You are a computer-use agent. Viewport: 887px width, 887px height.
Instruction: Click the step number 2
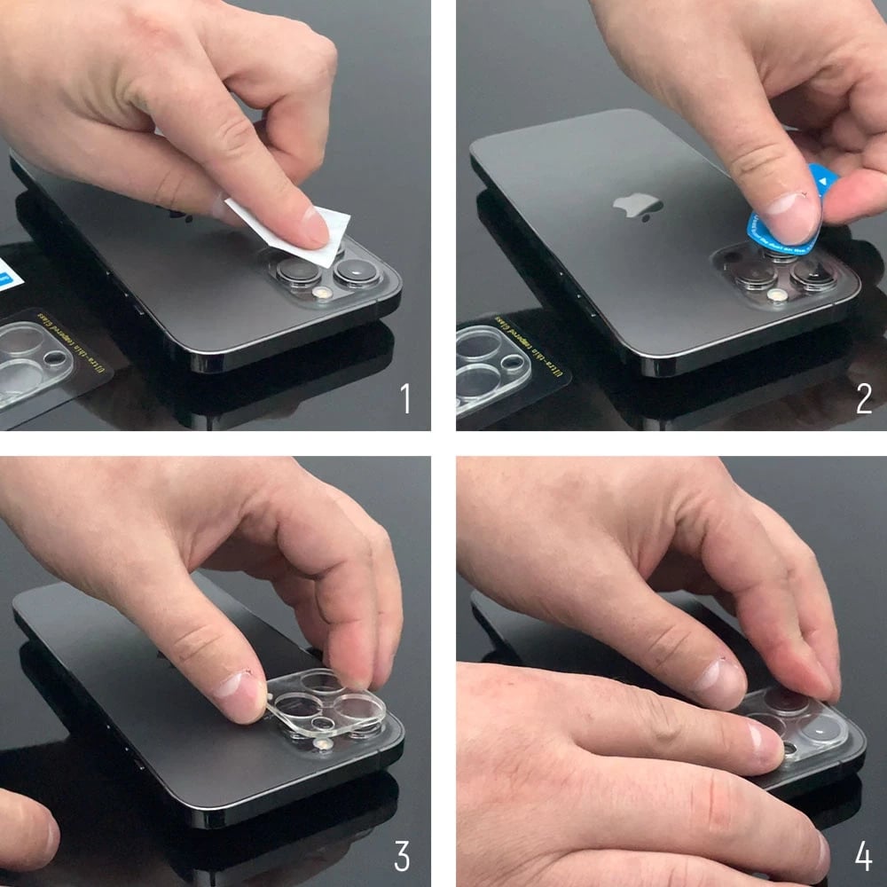tap(864, 399)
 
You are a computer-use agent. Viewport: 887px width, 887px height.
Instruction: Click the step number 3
tap(402, 857)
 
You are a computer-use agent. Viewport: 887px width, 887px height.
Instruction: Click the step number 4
tap(863, 857)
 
